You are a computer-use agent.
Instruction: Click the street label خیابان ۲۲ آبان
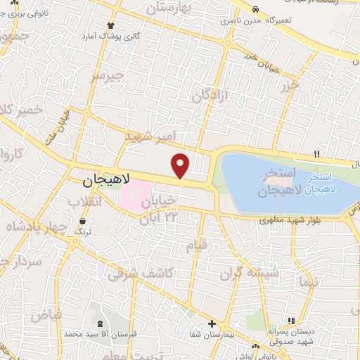click(x=159, y=210)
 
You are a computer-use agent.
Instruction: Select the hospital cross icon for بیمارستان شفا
click(x=212, y=324)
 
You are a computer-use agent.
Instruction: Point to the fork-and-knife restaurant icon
click(x=317, y=155)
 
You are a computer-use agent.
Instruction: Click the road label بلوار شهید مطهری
click(x=287, y=221)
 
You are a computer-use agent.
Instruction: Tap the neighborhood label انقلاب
click(x=84, y=202)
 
